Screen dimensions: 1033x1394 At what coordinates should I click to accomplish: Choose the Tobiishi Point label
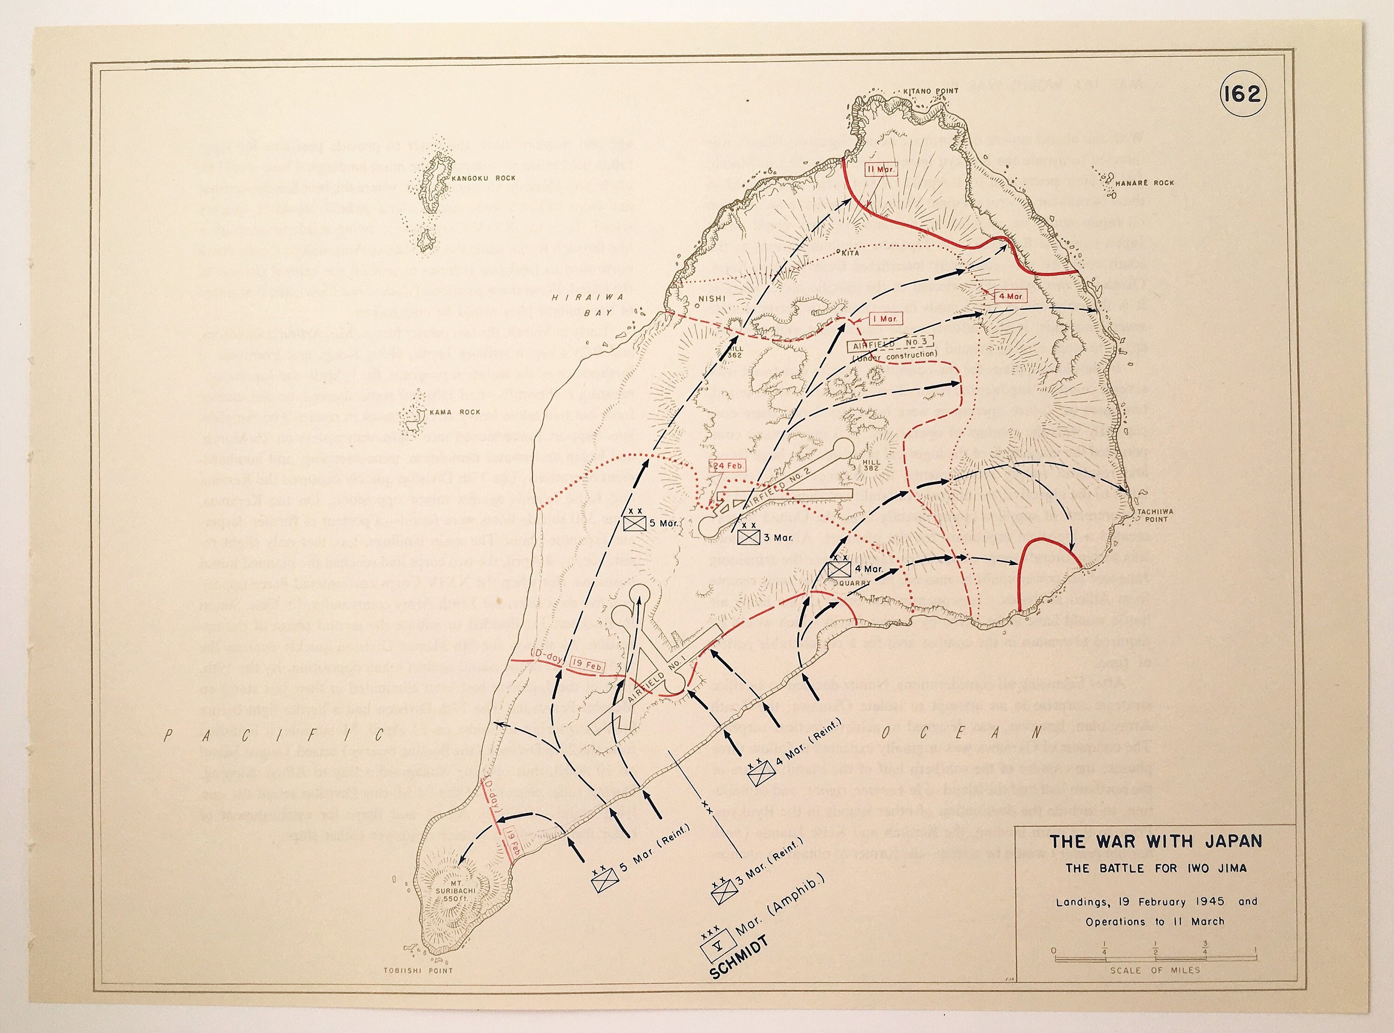click(418, 971)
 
